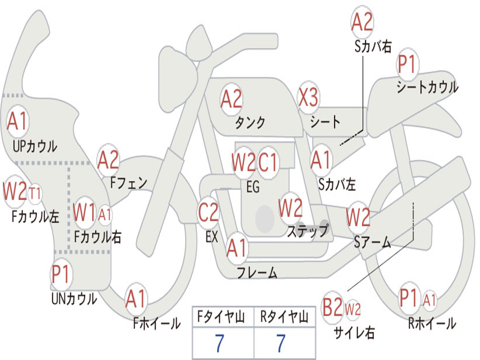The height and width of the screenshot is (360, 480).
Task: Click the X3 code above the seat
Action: coord(308,97)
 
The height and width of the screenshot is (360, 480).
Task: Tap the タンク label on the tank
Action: coord(250,122)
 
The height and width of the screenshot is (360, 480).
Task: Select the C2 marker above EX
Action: coord(208,212)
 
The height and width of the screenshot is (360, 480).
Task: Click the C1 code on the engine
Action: coord(268,162)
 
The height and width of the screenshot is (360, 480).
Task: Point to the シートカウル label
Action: coord(427,87)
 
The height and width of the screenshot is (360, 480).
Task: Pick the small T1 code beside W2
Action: coord(35,194)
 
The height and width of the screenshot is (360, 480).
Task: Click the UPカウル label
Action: coord(35,146)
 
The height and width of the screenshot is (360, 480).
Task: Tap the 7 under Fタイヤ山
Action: coord(219,343)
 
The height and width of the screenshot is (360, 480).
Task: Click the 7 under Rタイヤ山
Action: coord(281,343)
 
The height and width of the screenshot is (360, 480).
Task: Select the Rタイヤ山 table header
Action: coord(285,317)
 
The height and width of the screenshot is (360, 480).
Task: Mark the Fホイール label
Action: coord(157,323)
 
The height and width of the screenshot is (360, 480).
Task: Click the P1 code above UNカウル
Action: coord(61,274)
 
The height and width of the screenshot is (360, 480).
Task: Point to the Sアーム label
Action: coord(373,242)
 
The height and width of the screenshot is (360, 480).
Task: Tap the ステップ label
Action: coord(308,231)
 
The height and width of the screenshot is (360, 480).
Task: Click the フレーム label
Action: coord(257,272)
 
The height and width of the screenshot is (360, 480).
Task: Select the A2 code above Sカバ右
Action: coord(362,22)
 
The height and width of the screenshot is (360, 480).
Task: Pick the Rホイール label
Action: coord(432,323)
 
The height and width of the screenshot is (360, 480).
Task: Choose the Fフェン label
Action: coord(128,183)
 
